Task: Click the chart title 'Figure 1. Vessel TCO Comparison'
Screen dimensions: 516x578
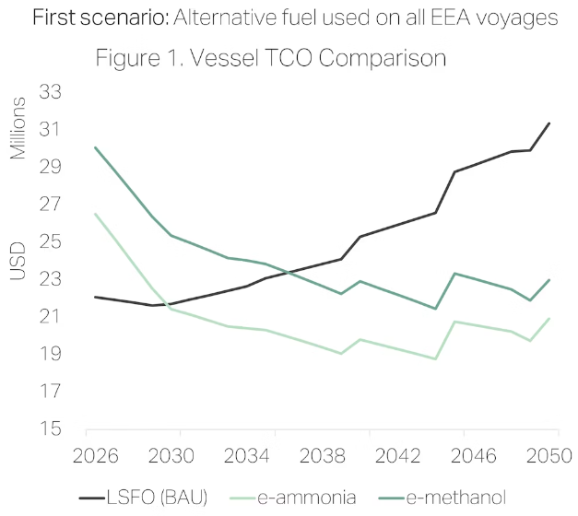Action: (x=271, y=58)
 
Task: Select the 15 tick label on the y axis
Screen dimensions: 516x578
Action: (x=50, y=429)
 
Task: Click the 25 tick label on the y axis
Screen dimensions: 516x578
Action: (x=50, y=242)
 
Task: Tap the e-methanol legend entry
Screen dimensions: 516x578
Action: (x=459, y=498)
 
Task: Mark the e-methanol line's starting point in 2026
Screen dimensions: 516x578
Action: (x=95, y=147)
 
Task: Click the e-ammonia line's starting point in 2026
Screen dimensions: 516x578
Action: (x=95, y=214)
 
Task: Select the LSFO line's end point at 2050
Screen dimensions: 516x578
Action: (x=550, y=123)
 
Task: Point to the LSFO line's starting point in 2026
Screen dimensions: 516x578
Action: (x=95, y=297)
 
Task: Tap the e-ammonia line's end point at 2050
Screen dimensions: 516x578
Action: (x=550, y=319)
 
